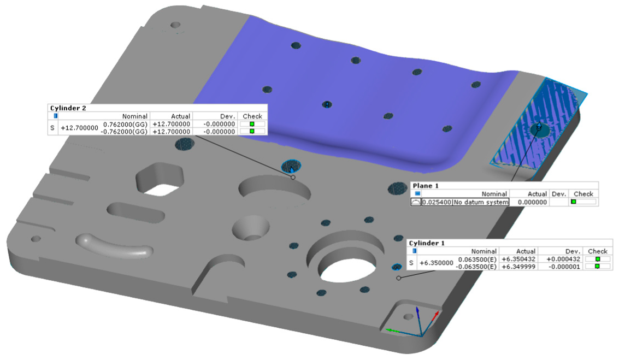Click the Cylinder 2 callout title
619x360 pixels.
(x=68, y=108)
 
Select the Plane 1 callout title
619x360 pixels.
(x=426, y=186)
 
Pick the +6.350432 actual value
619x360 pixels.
(x=516, y=259)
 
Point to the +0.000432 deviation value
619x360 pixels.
(x=563, y=259)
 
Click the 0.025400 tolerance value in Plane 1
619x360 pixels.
(x=437, y=202)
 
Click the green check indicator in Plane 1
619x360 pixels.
(x=573, y=202)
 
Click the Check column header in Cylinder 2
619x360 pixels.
(x=252, y=116)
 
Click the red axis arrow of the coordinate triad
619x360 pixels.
(x=434, y=316)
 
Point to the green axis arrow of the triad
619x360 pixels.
(x=392, y=330)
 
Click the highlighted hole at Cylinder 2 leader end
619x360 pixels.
(x=291, y=166)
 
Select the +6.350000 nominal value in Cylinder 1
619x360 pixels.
(x=436, y=263)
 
